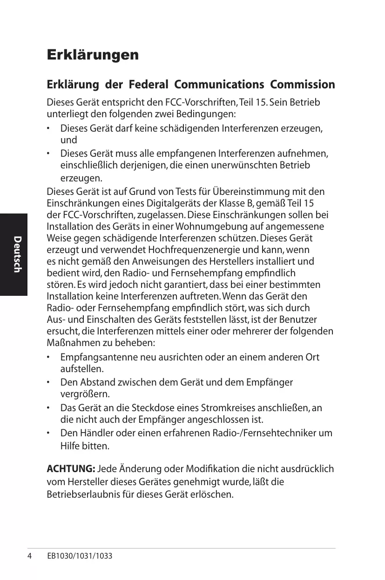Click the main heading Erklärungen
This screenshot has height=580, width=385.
coord(93,55)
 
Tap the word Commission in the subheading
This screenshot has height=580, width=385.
coord(303,85)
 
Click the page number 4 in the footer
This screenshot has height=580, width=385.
coord(29,556)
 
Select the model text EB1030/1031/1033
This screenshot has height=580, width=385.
coord(80,556)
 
